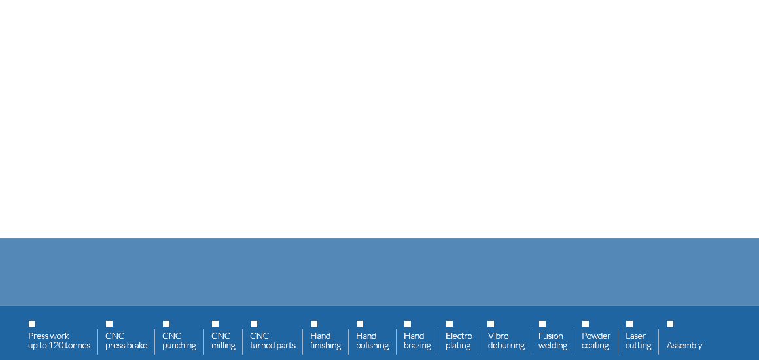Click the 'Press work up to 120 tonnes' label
tap(59, 340)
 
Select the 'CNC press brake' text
tap(126, 340)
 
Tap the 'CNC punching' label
tap(179, 340)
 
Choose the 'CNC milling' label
tap(223, 340)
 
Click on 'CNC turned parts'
tap(273, 340)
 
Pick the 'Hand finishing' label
tap(325, 340)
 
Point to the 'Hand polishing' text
tap(372, 340)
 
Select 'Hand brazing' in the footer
tap(417, 340)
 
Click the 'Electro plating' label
tap(459, 340)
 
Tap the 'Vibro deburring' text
tap(506, 340)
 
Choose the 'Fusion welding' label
tap(553, 340)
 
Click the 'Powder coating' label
tap(596, 340)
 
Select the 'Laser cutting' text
tap(638, 340)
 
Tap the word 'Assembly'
tap(684, 346)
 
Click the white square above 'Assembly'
tap(670, 324)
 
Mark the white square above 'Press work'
tap(32, 324)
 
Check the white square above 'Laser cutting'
tap(629, 324)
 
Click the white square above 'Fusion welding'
tap(542, 324)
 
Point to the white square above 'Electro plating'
tap(450, 324)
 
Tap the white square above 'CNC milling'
tap(215, 324)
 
